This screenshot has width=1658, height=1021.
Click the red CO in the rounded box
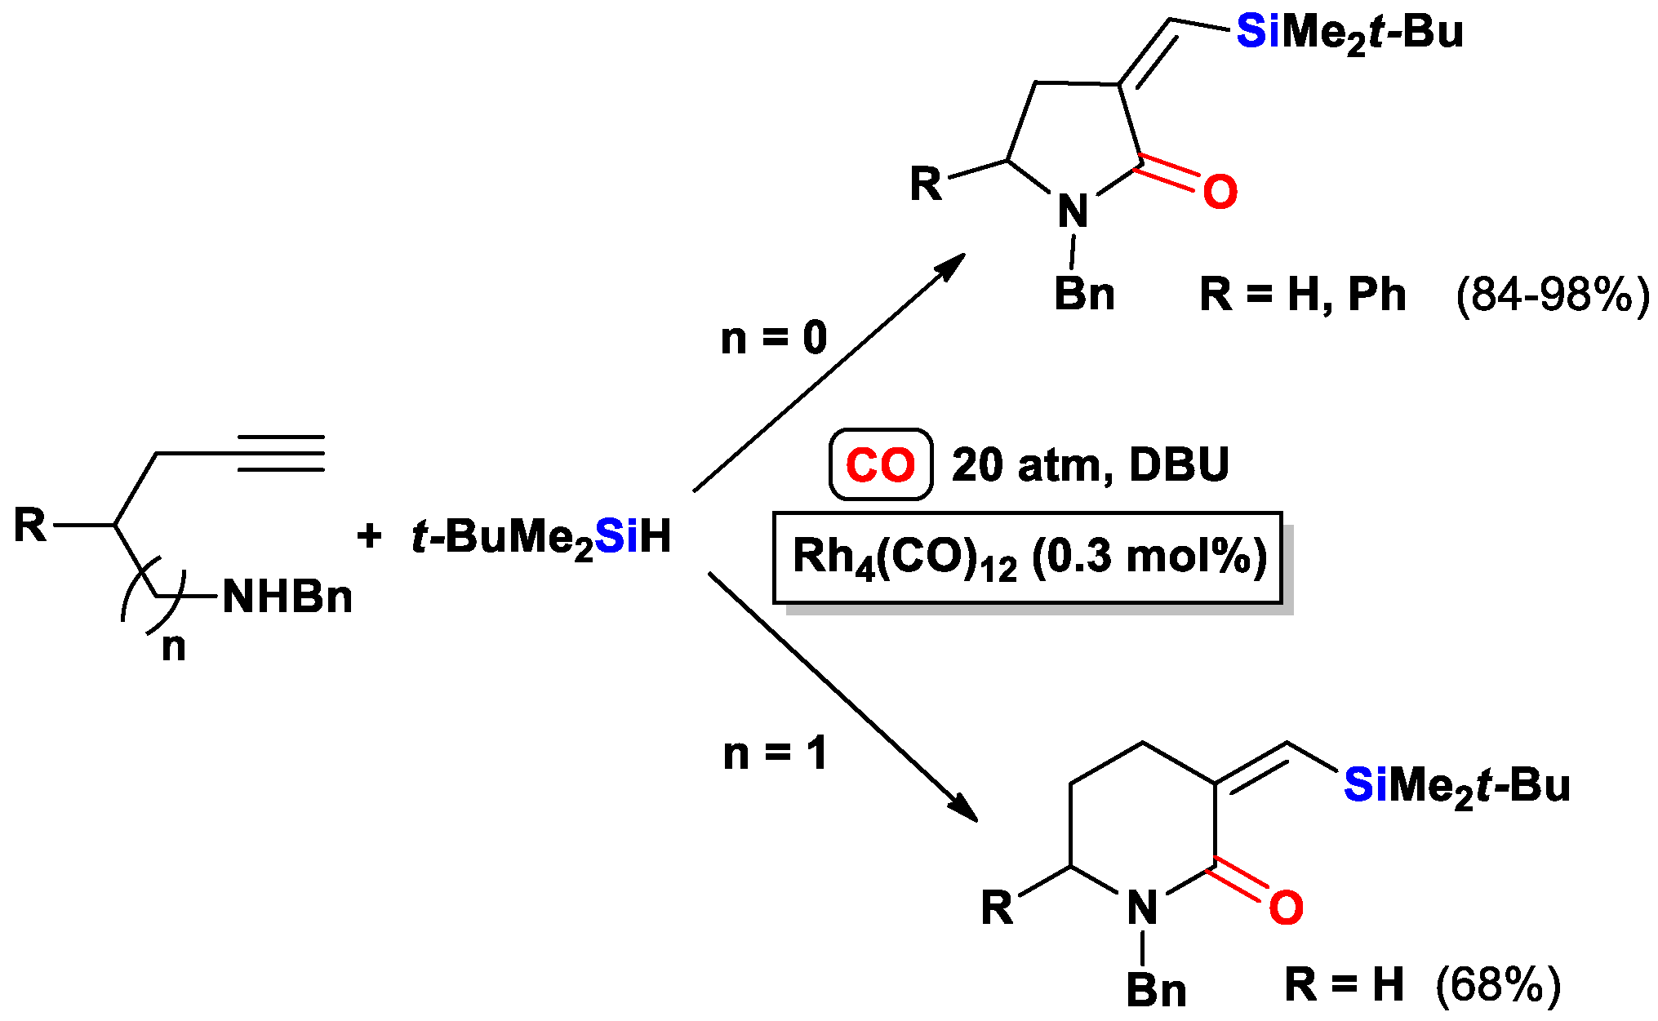tap(880, 465)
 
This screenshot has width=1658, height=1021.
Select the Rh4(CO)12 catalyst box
tap(1028, 558)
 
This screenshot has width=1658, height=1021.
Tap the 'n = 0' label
tap(773, 338)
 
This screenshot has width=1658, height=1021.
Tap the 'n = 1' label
tap(775, 753)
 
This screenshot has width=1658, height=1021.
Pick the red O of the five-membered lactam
tap(1220, 193)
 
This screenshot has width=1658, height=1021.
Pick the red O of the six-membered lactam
tap(1286, 908)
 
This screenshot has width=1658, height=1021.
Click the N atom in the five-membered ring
tap(1073, 212)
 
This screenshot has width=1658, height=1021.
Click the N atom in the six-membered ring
tap(1142, 908)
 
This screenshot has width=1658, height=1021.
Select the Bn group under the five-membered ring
tap(1084, 294)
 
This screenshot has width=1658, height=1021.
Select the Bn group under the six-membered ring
tap(1156, 991)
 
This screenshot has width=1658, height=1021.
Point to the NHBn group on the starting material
tap(287, 597)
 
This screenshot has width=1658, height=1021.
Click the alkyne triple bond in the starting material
tap(281, 453)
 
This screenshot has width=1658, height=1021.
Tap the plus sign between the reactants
tap(369, 536)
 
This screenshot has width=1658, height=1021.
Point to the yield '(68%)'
tap(1498, 984)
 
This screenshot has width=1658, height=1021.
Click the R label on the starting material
tap(30, 525)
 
